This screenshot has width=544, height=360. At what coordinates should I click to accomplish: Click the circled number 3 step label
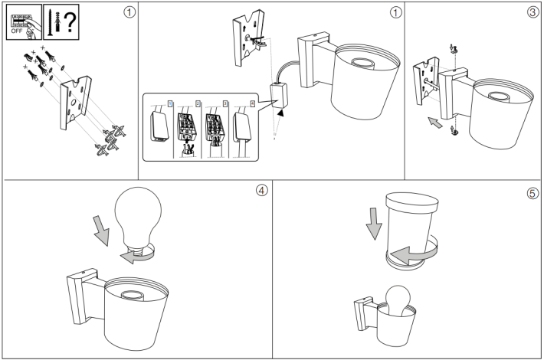532,13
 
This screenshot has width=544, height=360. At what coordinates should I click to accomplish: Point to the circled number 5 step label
532,191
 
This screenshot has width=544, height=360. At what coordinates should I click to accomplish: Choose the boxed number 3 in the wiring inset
225,102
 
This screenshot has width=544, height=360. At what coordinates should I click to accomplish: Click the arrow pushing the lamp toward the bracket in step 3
434,122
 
